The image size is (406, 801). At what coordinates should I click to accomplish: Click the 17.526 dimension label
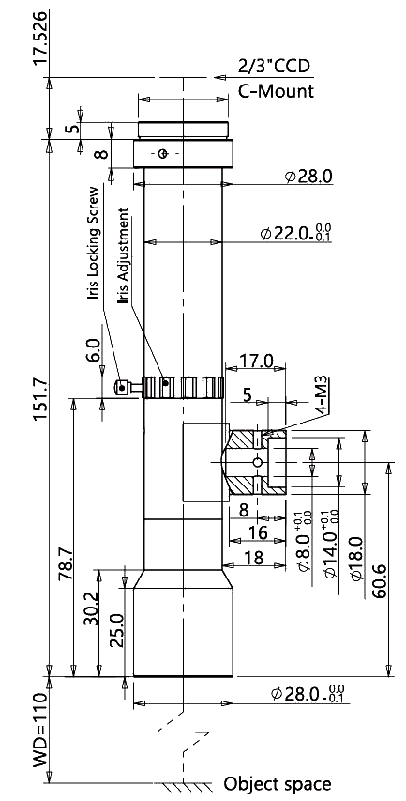(40, 38)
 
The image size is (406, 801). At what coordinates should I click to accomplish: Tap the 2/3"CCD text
(274, 67)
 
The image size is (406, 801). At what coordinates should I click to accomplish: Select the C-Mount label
(276, 92)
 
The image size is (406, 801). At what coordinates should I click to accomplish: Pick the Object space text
(278, 784)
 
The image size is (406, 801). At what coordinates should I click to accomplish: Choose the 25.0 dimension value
(117, 631)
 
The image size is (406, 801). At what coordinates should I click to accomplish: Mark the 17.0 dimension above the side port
(256, 362)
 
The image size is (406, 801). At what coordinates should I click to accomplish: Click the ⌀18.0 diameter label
(356, 559)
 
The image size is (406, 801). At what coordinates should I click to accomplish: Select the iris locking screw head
(121, 388)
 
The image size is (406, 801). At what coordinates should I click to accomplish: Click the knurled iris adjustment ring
(183, 388)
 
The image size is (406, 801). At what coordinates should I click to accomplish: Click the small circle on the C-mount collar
(163, 153)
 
